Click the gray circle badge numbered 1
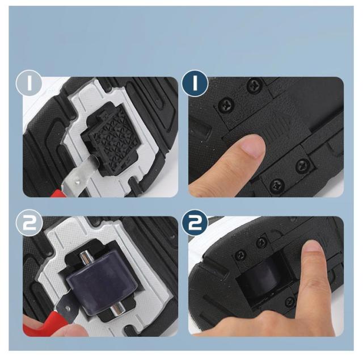point(29,83)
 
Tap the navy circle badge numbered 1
point(195,83)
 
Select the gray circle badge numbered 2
point(29,223)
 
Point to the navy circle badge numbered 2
point(195,223)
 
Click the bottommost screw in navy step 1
point(277,186)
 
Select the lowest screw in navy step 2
point(290,302)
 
